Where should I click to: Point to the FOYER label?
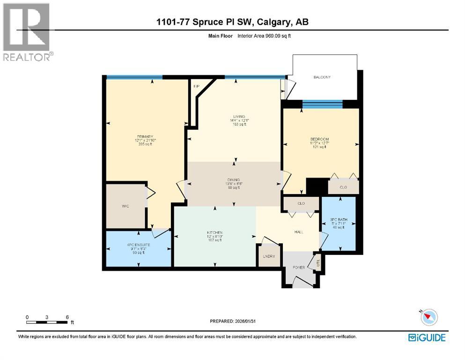click(299, 268)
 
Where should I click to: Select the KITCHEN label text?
click(214, 233)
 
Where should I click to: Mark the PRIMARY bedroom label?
click(145, 137)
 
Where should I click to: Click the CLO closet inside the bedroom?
click(343, 187)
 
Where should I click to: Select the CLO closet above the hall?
click(301, 204)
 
